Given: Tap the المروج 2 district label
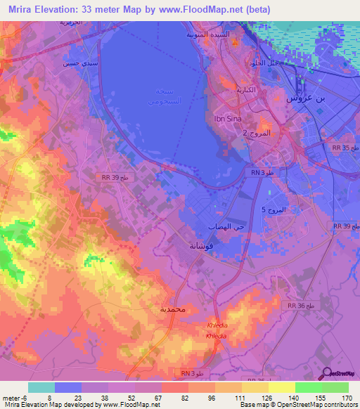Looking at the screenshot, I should pyautogui.click(x=255, y=132).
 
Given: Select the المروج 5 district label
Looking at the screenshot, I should pyautogui.click(x=274, y=210).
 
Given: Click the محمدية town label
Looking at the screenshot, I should pyautogui.click(x=172, y=309).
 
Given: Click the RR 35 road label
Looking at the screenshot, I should pyautogui.click(x=344, y=148).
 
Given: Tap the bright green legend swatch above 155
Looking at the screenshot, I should pyautogui.click(x=308, y=387).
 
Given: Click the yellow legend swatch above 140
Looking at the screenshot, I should pyautogui.click(x=281, y=387).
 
